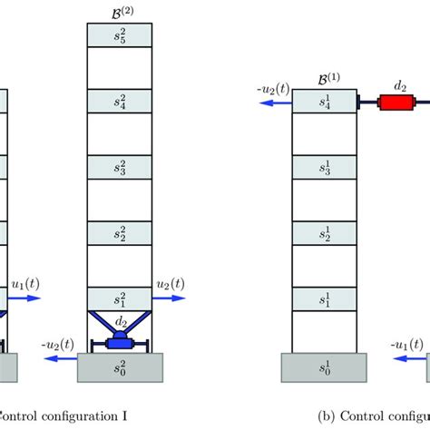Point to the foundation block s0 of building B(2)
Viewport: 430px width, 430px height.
(122, 368)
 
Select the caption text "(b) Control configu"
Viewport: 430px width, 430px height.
(373, 418)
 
